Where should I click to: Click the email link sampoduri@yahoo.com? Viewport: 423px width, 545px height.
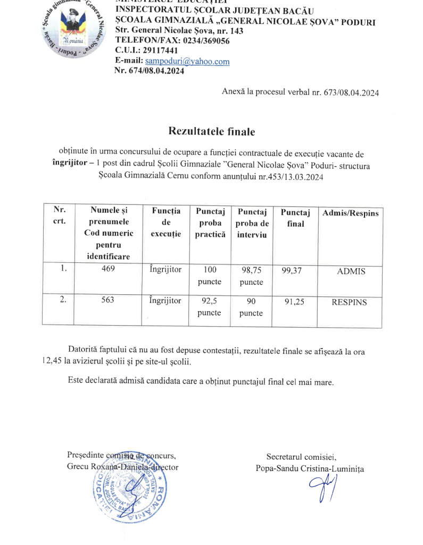click(187, 61)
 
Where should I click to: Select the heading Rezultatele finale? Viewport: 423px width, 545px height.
click(212, 131)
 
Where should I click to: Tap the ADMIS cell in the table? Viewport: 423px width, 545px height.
click(351, 271)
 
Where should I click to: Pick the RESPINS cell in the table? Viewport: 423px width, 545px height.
click(349, 302)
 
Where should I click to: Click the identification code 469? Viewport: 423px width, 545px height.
click(109, 269)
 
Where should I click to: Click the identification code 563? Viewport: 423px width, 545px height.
click(109, 300)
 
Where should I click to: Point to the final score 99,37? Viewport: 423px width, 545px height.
click(292, 271)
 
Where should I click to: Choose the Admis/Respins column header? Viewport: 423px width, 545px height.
click(351, 213)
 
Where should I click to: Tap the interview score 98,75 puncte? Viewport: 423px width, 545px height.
click(251, 276)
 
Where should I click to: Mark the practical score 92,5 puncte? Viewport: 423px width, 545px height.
click(209, 307)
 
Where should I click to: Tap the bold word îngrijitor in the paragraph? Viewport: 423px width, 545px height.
click(67, 166)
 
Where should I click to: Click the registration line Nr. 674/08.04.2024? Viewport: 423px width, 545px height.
click(150, 71)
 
